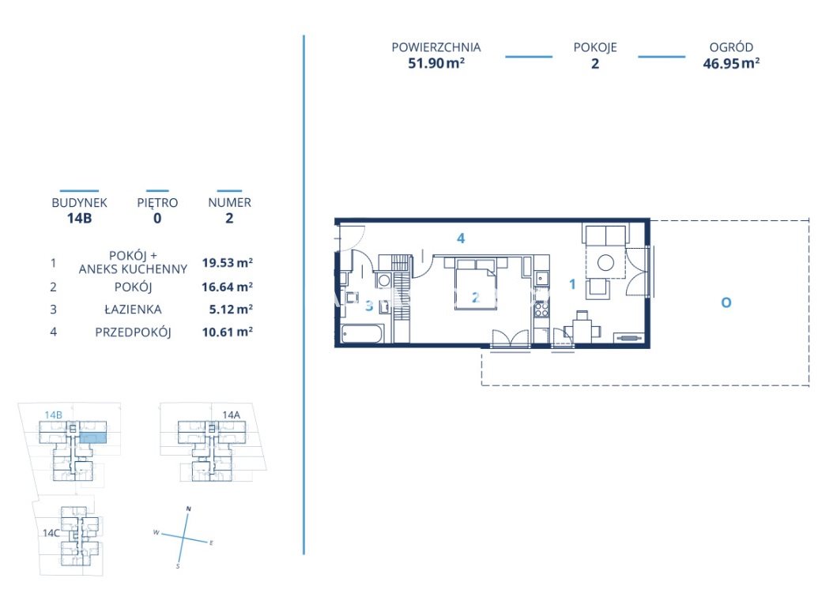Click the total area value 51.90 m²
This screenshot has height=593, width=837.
coord(436,63)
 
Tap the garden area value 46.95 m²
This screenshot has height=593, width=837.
coord(731,63)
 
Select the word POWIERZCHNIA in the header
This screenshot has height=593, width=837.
coord(436,47)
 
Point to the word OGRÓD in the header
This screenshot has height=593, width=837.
coord(731,47)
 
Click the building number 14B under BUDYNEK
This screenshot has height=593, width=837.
coord(79,218)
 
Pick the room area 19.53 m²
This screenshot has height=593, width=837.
coord(227,262)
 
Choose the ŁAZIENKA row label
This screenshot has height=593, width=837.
coord(133,310)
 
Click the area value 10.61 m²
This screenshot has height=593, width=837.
coord(227,332)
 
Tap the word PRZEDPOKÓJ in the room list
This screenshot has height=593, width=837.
coord(133,332)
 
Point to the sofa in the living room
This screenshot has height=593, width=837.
coord(605,235)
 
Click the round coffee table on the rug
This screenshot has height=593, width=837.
coord(605,262)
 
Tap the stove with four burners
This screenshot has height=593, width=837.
coord(541,310)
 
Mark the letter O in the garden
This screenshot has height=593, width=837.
coord(726,302)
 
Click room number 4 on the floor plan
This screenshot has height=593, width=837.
coord(461,238)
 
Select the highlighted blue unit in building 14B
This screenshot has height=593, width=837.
coord(93,438)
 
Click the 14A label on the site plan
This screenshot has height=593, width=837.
coord(231,415)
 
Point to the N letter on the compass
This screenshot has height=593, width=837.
coord(188,509)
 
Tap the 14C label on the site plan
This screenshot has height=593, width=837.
coord(51,533)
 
